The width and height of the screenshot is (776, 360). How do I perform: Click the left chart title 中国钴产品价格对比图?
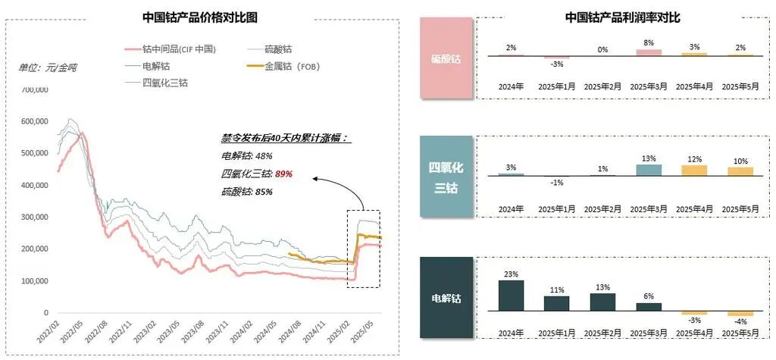click(201, 17)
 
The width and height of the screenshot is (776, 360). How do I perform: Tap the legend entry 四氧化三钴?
click(165, 83)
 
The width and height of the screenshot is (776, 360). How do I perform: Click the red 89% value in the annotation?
click(282, 174)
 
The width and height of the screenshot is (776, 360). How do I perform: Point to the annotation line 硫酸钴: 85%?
click(242, 192)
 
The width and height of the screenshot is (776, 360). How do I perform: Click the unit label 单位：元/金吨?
click(48, 67)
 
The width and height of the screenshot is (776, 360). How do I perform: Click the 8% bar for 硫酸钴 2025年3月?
click(648, 52)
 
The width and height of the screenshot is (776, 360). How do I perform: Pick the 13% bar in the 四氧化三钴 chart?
click(648, 171)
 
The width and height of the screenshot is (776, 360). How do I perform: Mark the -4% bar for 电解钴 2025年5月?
click(740, 313)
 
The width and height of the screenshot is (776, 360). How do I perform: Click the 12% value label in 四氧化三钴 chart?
click(694, 159)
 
